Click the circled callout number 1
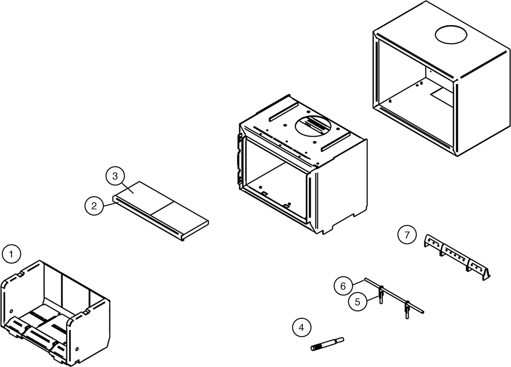point(12,254)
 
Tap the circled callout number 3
point(115,176)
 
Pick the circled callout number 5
point(357,302)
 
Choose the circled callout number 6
point(343,286)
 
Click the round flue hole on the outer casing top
point(451,35)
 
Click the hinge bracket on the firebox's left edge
point(239,157)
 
